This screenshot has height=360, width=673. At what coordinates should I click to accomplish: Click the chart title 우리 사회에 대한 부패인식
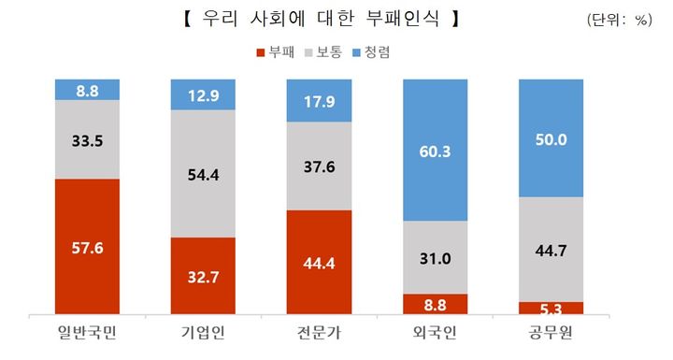pyautogui.click(x=322, y=19)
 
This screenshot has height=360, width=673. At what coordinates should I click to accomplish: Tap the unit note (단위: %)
pyautogui.click(x=619, y=20)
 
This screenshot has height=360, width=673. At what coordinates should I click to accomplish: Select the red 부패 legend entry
pyautogui.click(x=276, y=53)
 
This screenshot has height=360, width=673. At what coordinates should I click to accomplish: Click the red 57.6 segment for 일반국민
pyautogui.click(x=87, y=247)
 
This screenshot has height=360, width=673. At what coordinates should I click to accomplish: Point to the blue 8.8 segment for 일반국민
pyautogui.click(x=87, y=90)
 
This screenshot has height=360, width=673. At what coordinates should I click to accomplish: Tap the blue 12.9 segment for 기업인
pyautogui.click(x=203, y=94)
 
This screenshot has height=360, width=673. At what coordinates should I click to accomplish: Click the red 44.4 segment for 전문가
pyautogui.click(x=319, y=263)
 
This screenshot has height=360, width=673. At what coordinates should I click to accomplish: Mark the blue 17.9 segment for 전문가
pyautogui.click(x=319, y=101)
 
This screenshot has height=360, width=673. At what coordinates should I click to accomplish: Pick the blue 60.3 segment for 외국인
pyautogui.click(x=435, y=151)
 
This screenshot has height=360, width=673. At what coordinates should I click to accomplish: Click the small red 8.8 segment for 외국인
pyautogui.click(x=435, y=304)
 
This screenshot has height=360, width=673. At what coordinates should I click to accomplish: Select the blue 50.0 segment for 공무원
pyautogui.click(x=550, y=138)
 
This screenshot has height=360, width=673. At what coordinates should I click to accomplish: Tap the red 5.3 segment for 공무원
pyautogui.click(x=550, y=308)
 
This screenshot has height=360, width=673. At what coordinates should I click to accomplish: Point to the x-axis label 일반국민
pyautogui.click(x=87, y=336)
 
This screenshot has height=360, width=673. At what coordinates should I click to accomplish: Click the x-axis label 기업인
pyautogui.click(x=203, y=336)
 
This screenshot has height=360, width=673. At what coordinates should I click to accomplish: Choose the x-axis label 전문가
pyautogui.click(x=319, y=336)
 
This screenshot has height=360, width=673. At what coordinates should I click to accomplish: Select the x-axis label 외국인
pyautogui.click(x=435, y=336)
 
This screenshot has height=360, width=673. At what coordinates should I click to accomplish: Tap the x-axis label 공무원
pyautogui.click(x=550, y=336)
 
